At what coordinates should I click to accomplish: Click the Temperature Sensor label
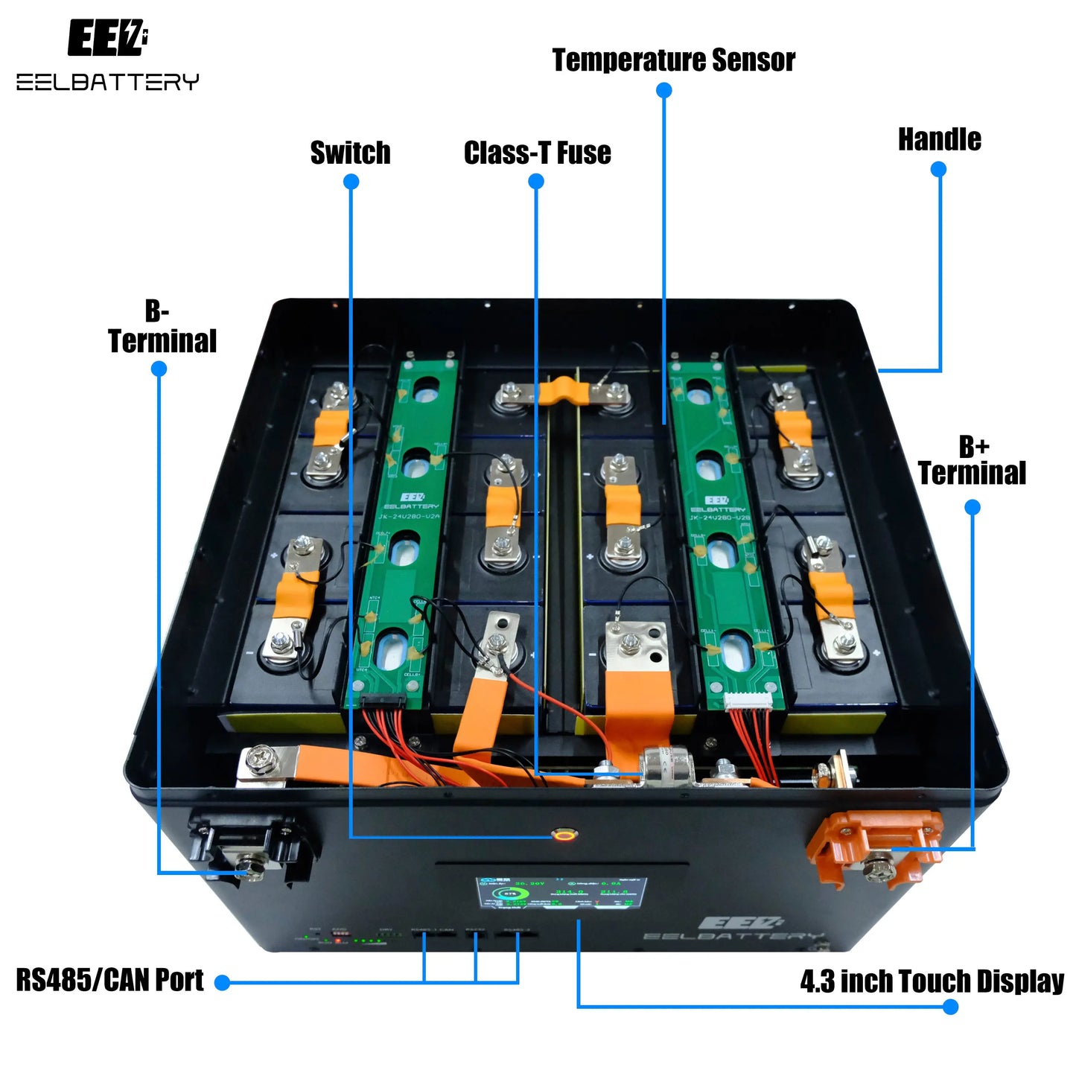(x=673, y=60)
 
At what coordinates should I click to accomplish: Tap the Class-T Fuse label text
(x=537, y=153)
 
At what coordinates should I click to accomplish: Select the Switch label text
(x=350, y=153)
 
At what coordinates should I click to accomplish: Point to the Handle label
(x=939, y=139)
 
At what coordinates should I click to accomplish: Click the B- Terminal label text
(x=162, y=327)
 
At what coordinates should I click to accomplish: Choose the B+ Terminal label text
(x=972, y=461)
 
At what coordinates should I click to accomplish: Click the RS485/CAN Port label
(x=109, y=981)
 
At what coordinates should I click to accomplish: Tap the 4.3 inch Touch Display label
(x=932, y=981)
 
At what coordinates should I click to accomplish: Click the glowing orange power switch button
(x=564, y=834)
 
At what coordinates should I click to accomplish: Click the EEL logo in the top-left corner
(x=107, y=39)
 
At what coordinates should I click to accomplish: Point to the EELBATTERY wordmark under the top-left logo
(x=107, y=82)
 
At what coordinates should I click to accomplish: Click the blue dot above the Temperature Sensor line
(x=664, y=90)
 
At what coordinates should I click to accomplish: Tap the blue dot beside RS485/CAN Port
(x=222, y=983)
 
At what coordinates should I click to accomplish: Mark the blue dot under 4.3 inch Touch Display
(x=950, y=1007)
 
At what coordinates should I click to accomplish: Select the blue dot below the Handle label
(x=938, y=169)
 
